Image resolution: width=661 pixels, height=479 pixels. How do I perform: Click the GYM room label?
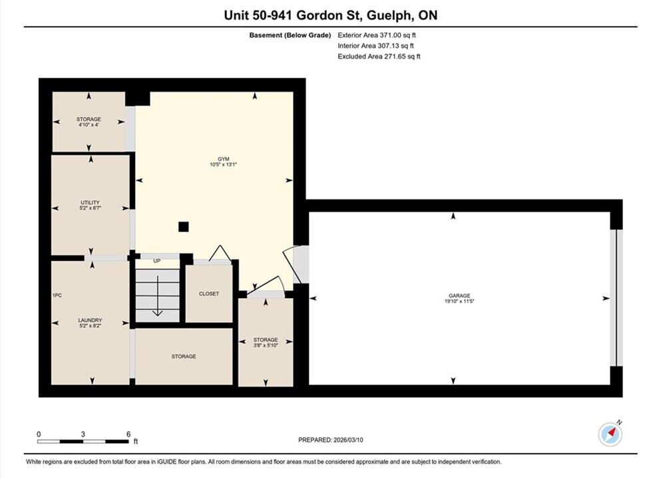tap(224, 159)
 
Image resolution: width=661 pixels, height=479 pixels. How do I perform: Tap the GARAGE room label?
tap(459, 296)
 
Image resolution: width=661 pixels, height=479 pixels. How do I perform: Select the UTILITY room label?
tap(91, 203)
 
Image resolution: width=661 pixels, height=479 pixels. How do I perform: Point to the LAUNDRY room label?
tap(91, 320)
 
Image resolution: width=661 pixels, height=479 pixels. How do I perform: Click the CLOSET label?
tap(209, 293)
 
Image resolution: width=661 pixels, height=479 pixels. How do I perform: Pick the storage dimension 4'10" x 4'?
tap(89, 124)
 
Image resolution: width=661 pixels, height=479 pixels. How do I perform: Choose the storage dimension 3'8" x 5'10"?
tap(266, 345)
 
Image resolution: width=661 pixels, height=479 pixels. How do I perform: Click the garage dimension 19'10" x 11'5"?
tap(459, 301)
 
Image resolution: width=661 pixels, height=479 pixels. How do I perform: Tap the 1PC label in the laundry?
tap(57, 295)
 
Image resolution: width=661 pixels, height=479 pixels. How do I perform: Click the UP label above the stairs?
tap(157, 261)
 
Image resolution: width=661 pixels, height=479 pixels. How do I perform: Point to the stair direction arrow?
tap(158, 296)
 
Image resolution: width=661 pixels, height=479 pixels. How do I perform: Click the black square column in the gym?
tap(183, 227)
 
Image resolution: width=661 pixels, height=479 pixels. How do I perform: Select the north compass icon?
tap(610, 434)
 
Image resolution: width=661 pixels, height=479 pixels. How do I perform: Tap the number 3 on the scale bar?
tap(83, 434)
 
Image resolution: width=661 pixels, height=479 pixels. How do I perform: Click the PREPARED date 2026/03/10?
tap(348, 440)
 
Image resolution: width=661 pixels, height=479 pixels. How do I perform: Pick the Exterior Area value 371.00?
tap(393, 35)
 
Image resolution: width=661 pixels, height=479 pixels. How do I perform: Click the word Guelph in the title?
tap(389, 15)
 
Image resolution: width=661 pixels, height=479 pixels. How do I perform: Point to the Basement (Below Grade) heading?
tap(290, 35)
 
